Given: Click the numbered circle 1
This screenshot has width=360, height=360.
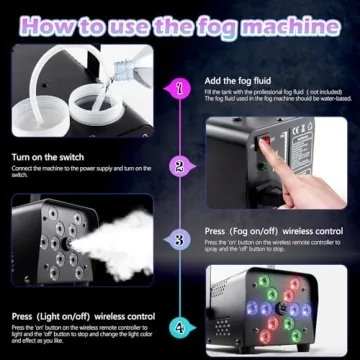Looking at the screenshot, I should (180, 89).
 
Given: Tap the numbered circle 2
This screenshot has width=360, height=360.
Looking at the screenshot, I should (179, 166).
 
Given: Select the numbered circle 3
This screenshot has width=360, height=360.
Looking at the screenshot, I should (179, 240).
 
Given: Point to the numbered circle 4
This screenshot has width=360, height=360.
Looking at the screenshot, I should (179, 326).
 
